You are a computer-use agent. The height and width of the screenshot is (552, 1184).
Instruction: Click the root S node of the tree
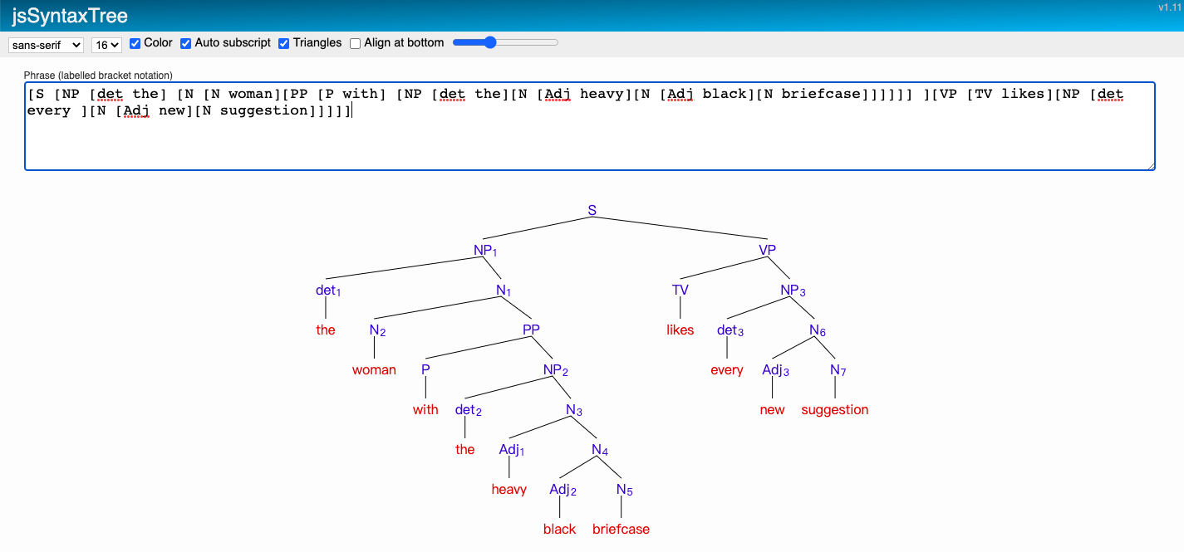(592, 210)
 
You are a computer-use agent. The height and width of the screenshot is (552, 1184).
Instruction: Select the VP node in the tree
(767, 250)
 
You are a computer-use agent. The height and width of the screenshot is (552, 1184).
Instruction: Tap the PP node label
(531, 330)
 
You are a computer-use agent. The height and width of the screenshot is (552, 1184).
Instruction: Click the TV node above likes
(680, 290)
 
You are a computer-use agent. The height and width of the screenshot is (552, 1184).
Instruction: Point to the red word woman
(374, 369)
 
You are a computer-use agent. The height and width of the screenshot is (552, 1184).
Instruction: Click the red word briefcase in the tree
(621, 529)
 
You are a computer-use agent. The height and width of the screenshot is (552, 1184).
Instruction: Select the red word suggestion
(834, 409)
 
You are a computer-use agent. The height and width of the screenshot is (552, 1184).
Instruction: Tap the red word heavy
(508, 489)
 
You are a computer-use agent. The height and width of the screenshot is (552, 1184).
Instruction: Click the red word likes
(680, 330)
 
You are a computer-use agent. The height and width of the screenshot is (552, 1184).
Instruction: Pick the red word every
(726, 369)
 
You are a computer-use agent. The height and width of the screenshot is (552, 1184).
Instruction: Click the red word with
(425, 409)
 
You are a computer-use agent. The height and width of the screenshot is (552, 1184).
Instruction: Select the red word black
(559, 529)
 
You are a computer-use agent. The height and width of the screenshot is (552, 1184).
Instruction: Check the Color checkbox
(135, 43)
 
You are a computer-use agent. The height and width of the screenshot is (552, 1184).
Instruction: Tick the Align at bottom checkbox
(356, 43)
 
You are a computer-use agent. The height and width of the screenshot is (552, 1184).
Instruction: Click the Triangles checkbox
(284, 43)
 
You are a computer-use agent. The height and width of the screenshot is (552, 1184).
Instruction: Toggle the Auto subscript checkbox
(186, 43)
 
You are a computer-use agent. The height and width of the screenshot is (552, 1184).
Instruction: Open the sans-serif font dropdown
(46, 44)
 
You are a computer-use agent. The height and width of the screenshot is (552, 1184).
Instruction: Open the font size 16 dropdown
(106, 44)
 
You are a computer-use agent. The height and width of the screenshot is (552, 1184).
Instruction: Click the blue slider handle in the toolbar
(489, 42)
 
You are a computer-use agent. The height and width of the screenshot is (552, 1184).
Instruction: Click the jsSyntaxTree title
(70, 16)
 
